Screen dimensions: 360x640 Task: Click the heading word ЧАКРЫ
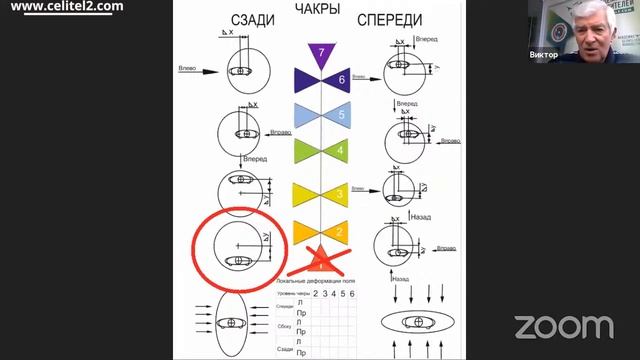pyautogui.click(x=319, y=10)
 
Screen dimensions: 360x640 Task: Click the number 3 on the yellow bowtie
pyautogui.click(x=341, y=194)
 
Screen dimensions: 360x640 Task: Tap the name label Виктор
pyautogui.click(x=546, y=56)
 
